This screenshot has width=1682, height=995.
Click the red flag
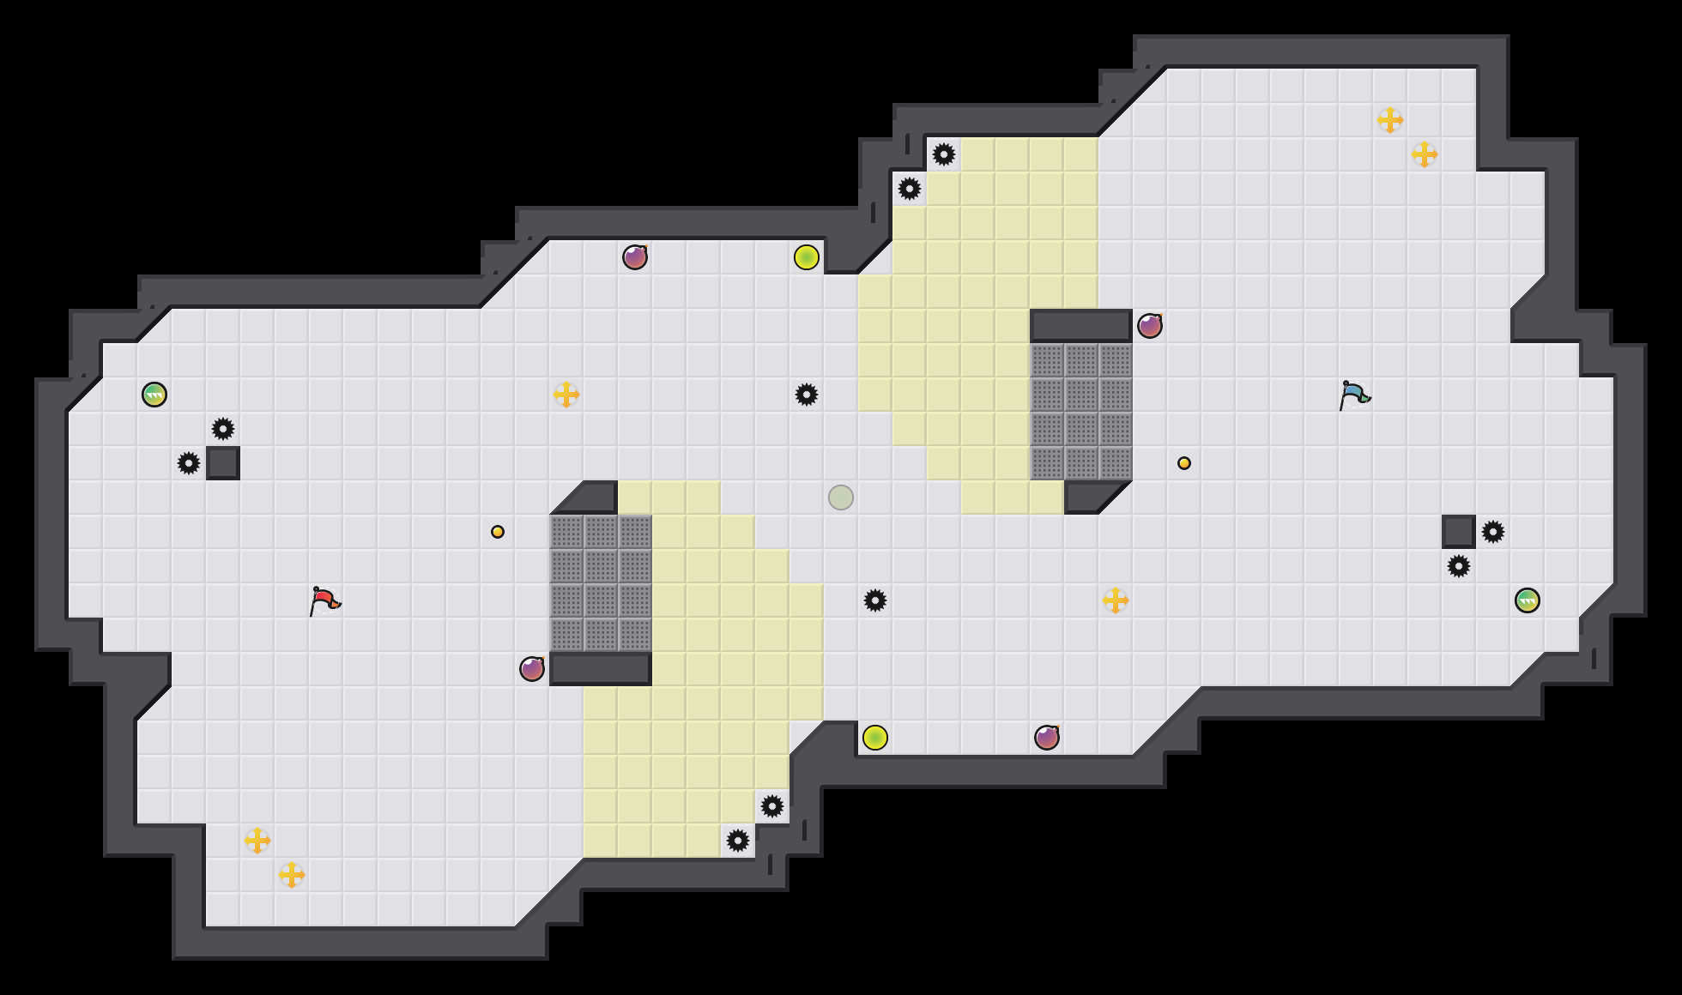tap(324, 600)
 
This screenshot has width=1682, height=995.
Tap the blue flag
tap(1354, 394)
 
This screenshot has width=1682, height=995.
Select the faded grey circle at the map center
tap(841, 497)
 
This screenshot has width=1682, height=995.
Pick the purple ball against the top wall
tap(635, 257)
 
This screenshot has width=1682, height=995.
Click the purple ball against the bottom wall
tap(1047, 738)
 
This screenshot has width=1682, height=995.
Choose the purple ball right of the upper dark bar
tap(1150, 326)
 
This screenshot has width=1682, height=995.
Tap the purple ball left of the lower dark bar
tap(532, 669)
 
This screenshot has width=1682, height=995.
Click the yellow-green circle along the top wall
tap(807, 257)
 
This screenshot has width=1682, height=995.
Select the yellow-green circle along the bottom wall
tap(875, 738)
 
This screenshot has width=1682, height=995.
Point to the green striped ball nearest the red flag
tap(154, 395)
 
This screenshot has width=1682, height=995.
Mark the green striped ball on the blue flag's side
tap(1528, 600)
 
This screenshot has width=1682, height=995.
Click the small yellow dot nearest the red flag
tap(498, 532)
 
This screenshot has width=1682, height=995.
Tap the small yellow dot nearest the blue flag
tap(1184, 463)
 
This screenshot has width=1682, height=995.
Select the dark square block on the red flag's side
tap(223, 463)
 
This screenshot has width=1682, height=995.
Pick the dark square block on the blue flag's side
tap(1459, 532)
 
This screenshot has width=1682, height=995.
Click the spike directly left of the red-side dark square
tap(189, 463)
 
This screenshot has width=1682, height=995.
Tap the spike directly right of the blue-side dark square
tap(1493, 532)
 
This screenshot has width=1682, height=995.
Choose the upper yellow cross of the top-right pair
tap(1390, 120)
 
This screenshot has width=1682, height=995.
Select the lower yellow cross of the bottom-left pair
tap(292, 875)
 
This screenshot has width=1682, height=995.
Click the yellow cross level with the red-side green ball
tap(566, 395)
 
